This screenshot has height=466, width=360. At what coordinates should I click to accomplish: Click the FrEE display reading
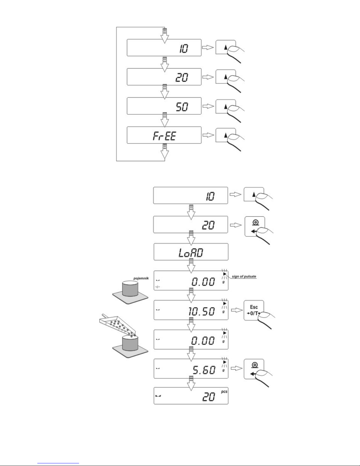pos(164,136)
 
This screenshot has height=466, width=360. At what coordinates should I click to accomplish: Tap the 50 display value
pos(182,107)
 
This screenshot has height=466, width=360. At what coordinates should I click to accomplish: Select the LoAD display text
pos(191,253)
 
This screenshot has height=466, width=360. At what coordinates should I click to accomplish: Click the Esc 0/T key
pos(254,310)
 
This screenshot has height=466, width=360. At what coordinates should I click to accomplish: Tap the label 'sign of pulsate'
pos(244,276)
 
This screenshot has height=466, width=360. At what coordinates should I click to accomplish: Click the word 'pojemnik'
pos(141,278)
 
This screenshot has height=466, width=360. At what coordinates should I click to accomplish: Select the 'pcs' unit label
pos(224,392)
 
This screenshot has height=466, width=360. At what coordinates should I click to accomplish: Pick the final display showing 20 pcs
pos(191,396)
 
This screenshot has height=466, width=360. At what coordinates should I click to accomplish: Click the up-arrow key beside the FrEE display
pos(226,135)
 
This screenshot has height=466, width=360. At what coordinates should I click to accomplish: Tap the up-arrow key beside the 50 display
pos(226,106)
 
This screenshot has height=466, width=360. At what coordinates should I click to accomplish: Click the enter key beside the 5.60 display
pos(254,369)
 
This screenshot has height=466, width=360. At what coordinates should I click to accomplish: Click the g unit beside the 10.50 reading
pos(224,312)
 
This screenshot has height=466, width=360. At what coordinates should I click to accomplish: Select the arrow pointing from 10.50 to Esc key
pos(237,310)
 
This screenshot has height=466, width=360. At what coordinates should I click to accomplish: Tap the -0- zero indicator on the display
pos(158,287)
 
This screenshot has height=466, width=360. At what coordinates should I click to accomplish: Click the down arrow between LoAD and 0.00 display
pos(191,266)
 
